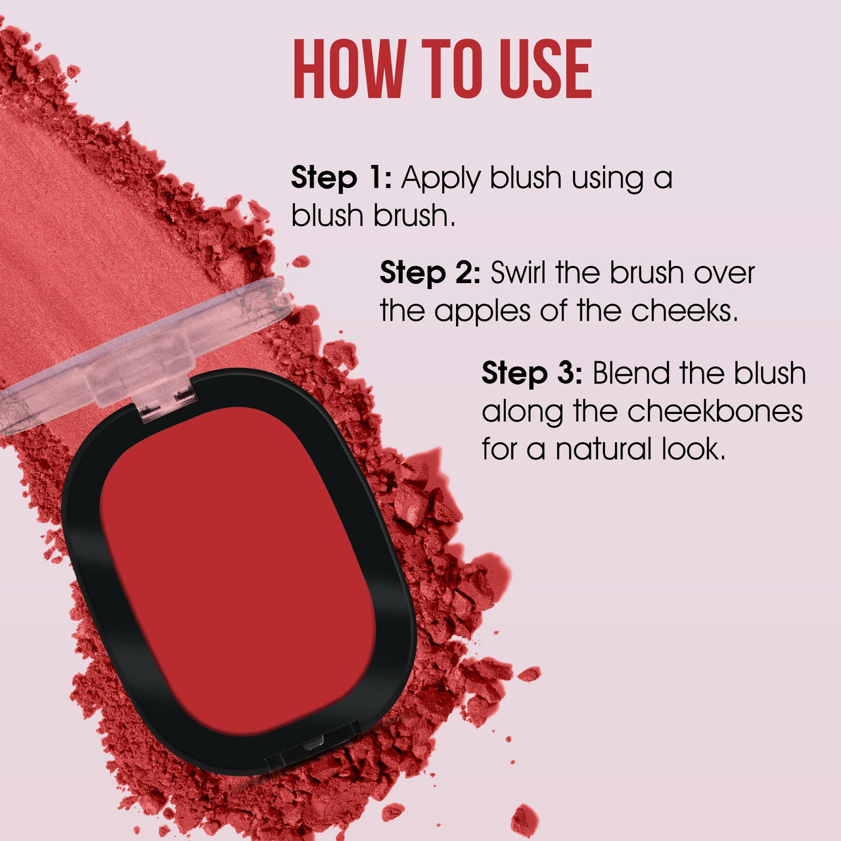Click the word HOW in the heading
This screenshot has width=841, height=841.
coord(348,69)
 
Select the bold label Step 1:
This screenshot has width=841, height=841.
coord(341,178)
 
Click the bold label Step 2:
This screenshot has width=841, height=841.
coord(430,273)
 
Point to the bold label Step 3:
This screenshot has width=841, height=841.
coord(532,373)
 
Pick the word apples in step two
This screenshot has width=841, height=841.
coord(483,311)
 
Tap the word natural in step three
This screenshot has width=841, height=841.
coord(603,450)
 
